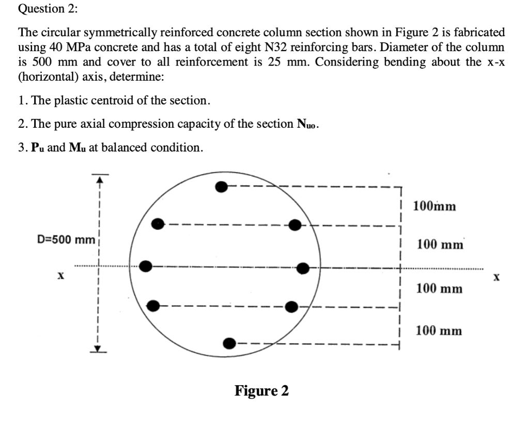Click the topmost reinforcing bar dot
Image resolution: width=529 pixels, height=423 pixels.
coord(222,187)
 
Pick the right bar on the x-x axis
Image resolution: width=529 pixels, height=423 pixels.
coord(303,267)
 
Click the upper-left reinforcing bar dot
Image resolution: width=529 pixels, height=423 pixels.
coord(158,224)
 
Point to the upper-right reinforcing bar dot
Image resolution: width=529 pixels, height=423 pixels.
coord(295,224)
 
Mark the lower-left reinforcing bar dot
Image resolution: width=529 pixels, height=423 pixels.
coord(153,305)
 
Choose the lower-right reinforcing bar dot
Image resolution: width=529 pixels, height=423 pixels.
coord(292,306)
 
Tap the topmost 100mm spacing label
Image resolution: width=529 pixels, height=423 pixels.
coord(434,206)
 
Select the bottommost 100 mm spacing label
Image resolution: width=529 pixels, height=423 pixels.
coord(439,330)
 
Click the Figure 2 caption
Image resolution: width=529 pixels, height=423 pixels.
coord(261,390)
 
